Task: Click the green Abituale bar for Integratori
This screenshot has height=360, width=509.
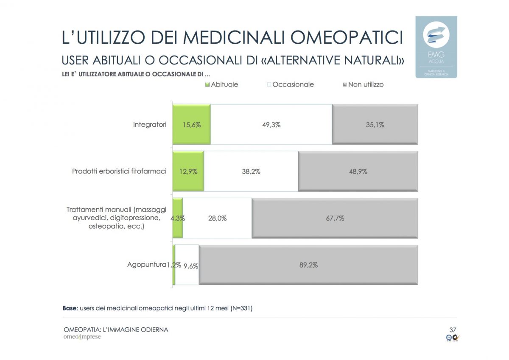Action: point(191,125)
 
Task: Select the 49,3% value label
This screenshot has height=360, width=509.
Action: point(271,125)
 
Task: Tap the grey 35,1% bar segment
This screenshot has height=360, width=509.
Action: point(375,125)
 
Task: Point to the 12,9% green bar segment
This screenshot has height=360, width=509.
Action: point(188,172)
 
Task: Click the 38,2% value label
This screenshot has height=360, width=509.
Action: point(251,172)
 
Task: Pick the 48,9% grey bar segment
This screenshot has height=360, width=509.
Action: point(358,172)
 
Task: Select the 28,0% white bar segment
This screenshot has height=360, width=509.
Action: point(217,218)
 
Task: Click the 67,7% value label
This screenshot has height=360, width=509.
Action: point(335,218)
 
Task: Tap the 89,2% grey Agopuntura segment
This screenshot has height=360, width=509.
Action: point(308,265)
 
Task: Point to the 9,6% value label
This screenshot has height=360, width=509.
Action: point(190,265)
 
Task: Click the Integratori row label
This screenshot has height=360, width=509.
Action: point(149,125)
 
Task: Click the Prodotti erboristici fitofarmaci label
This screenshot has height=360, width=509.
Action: point(119,171)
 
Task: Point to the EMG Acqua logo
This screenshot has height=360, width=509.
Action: point(436,47)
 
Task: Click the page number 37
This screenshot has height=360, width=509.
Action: point(452,329)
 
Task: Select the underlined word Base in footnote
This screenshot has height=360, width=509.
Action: point(69,308)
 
